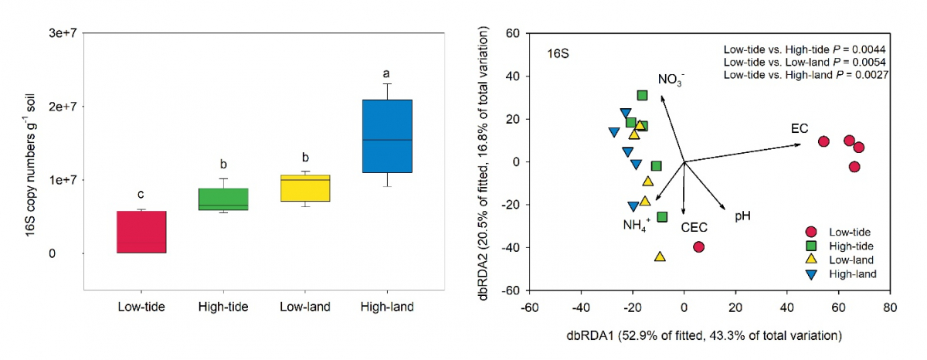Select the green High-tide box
click(x=223, y=199)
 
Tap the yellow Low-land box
click(x=305, y=188)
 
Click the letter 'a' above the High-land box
click(x=387, y=74)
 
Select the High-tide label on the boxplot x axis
click(x=223, y=307)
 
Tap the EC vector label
click(x=799, y=128)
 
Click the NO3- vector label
click(x=671, y=80)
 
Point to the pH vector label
click(x=742, y=216)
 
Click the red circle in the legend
click(x=811, y=232)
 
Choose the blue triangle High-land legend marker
click(x=811, y=273)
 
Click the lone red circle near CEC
click(x=699, y=247)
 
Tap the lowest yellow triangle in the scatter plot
click(x=660, y=256)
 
